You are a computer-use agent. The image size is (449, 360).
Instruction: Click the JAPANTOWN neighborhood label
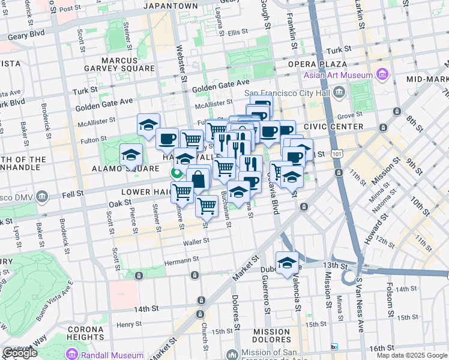171,6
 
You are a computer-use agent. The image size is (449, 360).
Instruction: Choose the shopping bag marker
198,178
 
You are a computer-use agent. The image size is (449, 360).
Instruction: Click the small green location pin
176,173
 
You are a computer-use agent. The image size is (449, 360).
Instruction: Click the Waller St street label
196,241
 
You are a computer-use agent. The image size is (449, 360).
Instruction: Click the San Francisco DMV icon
41,196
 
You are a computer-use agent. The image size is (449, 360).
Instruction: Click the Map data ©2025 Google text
411,355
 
